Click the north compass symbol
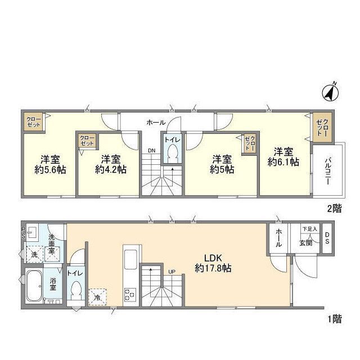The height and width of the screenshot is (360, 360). [330, 93]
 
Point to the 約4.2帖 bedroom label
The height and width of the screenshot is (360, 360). [111, 164]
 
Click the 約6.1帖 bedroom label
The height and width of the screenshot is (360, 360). [283, 157]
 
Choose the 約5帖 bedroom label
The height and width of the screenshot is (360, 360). [222, 164]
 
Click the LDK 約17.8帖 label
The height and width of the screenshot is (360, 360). [213, 263]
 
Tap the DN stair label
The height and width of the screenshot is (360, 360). [151, 151]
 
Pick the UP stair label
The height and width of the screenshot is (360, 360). [172, 272]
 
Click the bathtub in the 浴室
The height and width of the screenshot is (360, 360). [34, 286]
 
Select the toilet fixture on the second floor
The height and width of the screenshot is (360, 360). [172, 154]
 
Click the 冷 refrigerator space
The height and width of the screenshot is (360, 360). [98, 297]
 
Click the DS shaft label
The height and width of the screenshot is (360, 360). [327, 238]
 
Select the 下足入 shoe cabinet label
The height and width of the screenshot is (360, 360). [309, 229]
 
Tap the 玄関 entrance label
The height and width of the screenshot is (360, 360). [306, 243]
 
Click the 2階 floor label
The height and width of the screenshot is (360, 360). [334, 209]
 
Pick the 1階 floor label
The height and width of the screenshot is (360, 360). [334, 319]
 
